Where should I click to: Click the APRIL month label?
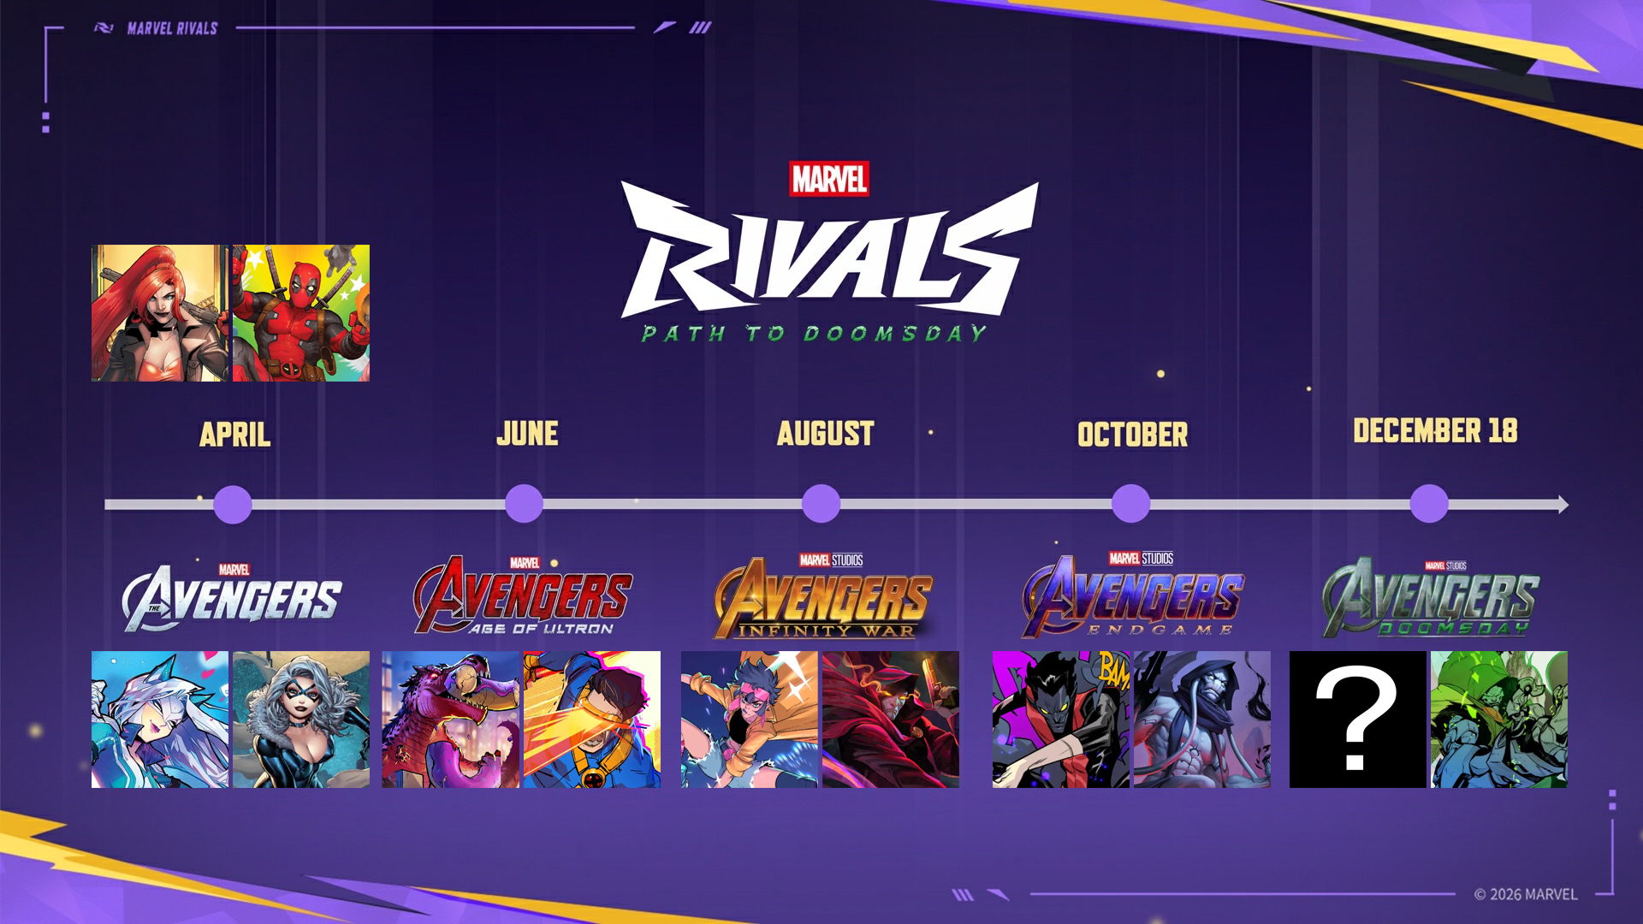point(235,435)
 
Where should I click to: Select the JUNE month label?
point(527,434)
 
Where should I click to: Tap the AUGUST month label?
point(826,434)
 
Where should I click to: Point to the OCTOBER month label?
point(1132,435)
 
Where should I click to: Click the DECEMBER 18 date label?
point(1435,430)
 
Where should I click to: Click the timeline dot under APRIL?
point(233,504)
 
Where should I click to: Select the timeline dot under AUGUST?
point(821,503)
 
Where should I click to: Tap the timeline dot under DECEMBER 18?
point(1429,503)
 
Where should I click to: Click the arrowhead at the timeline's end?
point(1563,505)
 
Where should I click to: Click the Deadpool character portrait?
point(301,313)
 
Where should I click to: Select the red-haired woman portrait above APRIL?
point(160,313)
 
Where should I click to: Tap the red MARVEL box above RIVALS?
point(829,179)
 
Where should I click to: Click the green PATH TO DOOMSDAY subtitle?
point(815,334)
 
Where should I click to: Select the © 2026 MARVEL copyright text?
point(1525,894)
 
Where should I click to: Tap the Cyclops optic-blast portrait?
point(592,720)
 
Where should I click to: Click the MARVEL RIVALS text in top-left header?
point(172,28)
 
